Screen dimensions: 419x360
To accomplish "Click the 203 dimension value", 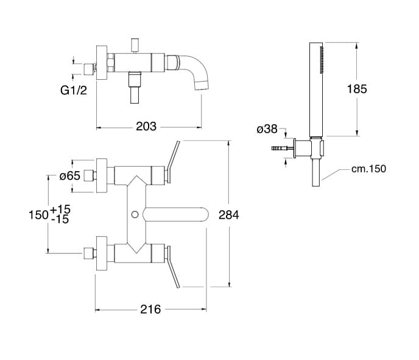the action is [146, 127].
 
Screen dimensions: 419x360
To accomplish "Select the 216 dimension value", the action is [150, 309].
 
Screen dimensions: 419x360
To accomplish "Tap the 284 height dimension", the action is [229, 214].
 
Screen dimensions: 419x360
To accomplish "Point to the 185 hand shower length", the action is [357, 89].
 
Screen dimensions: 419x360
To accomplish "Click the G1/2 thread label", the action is [74, 90].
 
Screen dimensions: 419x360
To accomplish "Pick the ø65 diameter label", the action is [70, 176].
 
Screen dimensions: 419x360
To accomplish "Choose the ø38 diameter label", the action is [267, 129].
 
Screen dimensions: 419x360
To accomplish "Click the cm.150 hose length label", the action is [369, 169].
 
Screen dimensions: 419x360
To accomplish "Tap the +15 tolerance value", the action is [60, 209].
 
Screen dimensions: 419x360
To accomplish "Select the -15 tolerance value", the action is [60, 219].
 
